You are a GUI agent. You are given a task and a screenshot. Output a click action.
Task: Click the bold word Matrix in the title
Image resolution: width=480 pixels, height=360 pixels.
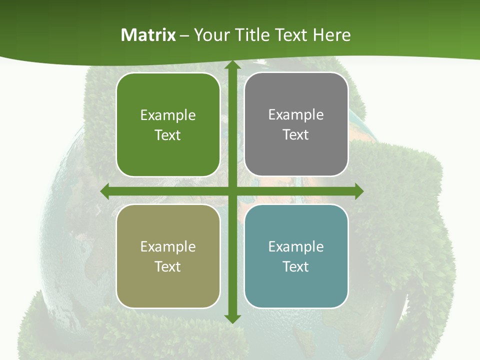[x=148, y=35]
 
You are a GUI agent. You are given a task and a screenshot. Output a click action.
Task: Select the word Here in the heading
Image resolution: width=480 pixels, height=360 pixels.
[x=331, y=35]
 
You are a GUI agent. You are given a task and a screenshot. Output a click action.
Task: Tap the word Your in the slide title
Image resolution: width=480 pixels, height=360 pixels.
[x=211, y=35]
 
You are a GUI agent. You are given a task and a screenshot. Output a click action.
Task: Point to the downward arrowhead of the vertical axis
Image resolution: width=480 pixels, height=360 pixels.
[x=232, y=318]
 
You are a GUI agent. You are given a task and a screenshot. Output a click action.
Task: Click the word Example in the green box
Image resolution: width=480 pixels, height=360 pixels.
[x=168, y=115]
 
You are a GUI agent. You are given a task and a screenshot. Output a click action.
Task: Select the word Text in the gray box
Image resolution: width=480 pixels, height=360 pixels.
[x=296, y=135]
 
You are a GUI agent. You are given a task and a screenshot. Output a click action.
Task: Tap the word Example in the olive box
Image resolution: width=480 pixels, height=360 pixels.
[x=168, y=247]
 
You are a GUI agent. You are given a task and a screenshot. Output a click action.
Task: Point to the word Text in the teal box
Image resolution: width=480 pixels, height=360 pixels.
[x=296, y=266]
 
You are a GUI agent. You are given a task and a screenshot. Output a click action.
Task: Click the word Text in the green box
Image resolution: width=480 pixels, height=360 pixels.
[x=168, y=135]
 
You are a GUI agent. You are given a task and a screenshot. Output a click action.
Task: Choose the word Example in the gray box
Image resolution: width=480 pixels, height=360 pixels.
[x=296, y=115]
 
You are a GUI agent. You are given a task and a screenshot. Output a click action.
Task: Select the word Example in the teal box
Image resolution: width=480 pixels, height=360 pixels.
[x=296, y=247]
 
